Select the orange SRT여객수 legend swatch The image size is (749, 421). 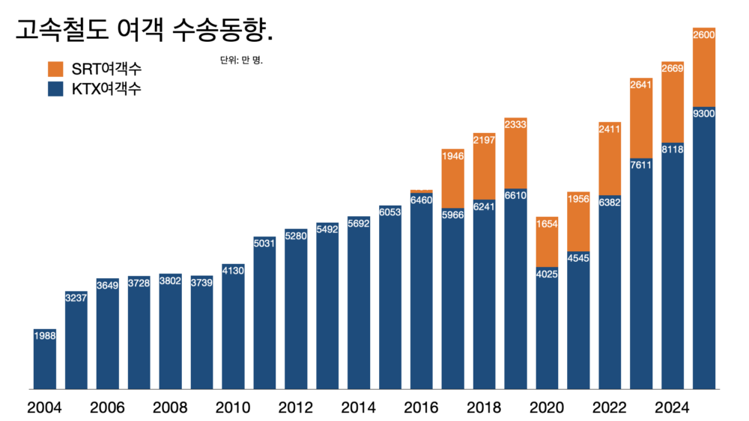58,69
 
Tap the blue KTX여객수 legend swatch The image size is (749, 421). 58,89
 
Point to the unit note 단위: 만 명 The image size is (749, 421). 241,60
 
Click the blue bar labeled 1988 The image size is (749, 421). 45,363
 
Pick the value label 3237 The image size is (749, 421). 76,297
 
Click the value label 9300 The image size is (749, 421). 704,114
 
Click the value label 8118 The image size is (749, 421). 673,150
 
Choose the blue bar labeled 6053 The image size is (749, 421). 390,299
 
